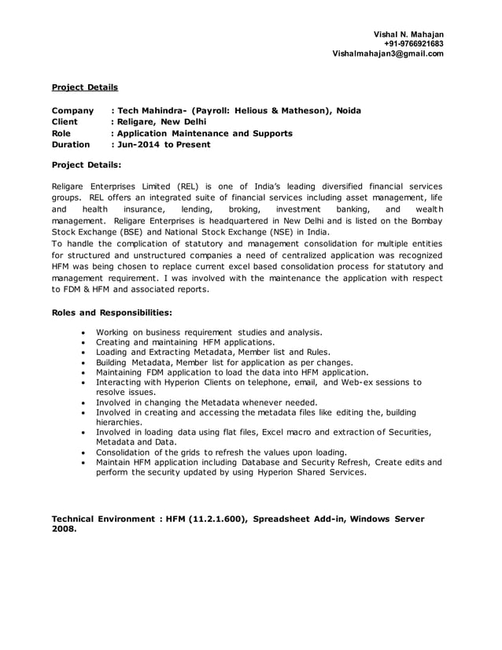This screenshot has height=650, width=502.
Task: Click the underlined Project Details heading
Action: [x=84, y=87]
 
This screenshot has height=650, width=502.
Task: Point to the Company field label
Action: [x=72, y=111]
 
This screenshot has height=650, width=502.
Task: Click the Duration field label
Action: [x=71, y=145]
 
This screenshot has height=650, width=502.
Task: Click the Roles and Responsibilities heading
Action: [x=112, y=312]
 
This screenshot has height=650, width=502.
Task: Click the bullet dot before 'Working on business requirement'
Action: [x=83, y=333]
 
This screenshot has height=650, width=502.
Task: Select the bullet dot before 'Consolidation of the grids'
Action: [x=83, y=453]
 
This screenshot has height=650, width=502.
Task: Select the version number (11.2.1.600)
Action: [x=212, y=519]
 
